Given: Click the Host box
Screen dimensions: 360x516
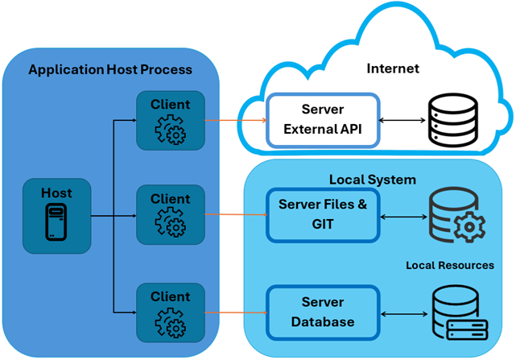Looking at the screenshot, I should (56, 214).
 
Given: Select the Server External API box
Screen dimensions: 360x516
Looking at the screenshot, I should (323, 120).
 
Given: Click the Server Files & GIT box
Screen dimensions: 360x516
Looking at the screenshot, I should (323, 214).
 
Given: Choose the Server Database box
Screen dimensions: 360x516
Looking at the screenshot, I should (323, 312).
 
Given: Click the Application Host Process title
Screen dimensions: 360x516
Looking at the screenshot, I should (110, 69).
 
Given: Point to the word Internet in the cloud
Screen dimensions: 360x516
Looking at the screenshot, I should (393, 68).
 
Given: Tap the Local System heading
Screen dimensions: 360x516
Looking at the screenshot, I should (373, 179).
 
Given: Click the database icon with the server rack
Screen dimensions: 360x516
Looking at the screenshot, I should (459, 312).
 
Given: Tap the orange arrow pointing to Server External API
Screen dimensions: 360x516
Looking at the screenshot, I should (235, 121).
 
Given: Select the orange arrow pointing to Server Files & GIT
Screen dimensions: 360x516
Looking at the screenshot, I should (235, 215).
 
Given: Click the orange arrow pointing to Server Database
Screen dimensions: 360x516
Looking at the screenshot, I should (235, 312).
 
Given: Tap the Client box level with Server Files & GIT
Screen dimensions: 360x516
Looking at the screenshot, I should (171, 214).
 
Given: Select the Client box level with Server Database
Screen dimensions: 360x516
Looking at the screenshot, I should (171, 311).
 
